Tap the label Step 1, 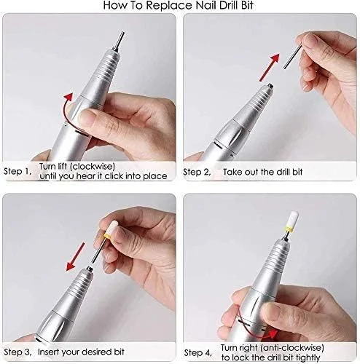click(17, 171)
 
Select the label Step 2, click(197, 172)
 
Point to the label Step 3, click(17, 352)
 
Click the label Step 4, click(197, 353)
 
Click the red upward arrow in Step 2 click(270, 67)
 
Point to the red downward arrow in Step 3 click(76, 256)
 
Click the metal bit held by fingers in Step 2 click(293, 55)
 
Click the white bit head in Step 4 click(292, 218)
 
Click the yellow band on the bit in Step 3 click(107, 234)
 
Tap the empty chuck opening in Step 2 click(269, 86)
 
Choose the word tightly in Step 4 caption click(308, 357)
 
